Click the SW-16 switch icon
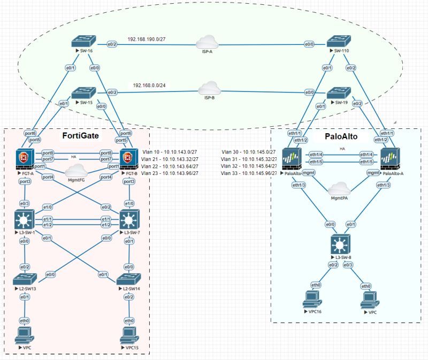click(84, 41)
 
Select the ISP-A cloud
click(207, 42)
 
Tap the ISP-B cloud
click(209, 88)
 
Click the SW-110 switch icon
click(339, 42)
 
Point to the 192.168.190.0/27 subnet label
click(147, 39)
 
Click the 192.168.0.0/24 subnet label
click(149, 86)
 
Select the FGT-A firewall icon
click(25, 159)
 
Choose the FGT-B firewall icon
click(129, 159)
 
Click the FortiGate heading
click(81, 136)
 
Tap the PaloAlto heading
click(341, 136)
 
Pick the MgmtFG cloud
click(76, 170)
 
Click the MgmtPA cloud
click(339, 189)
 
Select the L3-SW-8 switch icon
click(341, 244)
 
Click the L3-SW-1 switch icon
click(25, 219)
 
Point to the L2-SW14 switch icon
click(128, 279)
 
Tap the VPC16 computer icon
click(312, 300)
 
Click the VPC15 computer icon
click(129, 335)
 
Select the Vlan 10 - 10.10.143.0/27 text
click(170, 152)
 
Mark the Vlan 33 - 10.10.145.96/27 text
click(249, 173)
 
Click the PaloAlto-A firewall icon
click(391, 159)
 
